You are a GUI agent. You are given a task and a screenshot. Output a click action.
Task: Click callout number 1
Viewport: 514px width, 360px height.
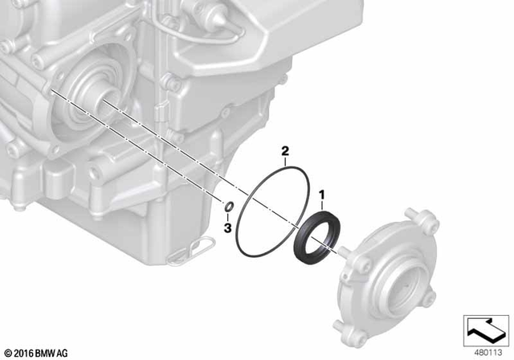322,194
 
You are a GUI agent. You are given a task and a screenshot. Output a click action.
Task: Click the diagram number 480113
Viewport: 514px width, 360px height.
484,352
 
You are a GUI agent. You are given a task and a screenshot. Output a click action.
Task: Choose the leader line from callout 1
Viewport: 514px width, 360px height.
321,206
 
